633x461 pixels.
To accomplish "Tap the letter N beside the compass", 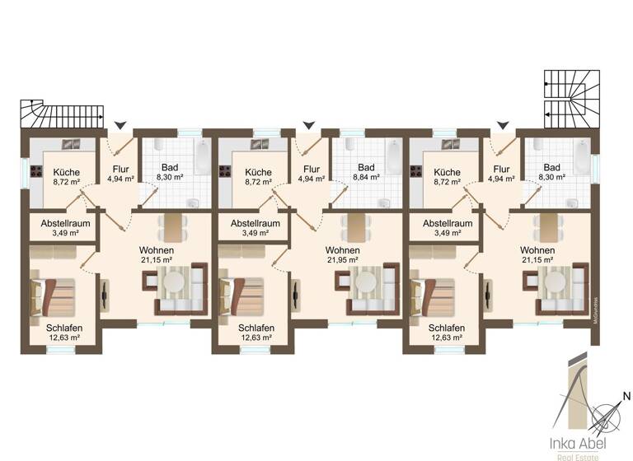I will pos(625,395).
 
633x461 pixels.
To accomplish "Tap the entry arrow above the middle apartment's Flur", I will pos(309,125).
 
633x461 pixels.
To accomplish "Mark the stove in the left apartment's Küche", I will pos(37,172).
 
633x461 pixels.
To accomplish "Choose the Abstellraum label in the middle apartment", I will pos(255,223).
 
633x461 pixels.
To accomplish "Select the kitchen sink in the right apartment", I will pos(450,145).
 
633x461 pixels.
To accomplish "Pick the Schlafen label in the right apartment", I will pos(446,328).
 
